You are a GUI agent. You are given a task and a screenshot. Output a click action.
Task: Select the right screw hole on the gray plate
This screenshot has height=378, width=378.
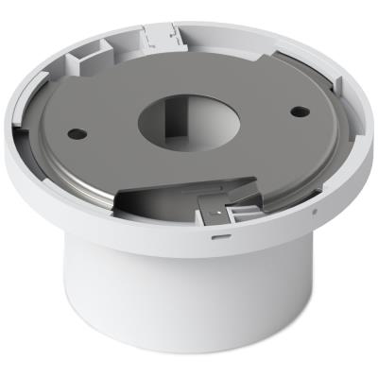[x=297, y=112]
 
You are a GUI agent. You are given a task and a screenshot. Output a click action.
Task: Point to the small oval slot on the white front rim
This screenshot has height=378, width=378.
[x=219, y=226]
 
